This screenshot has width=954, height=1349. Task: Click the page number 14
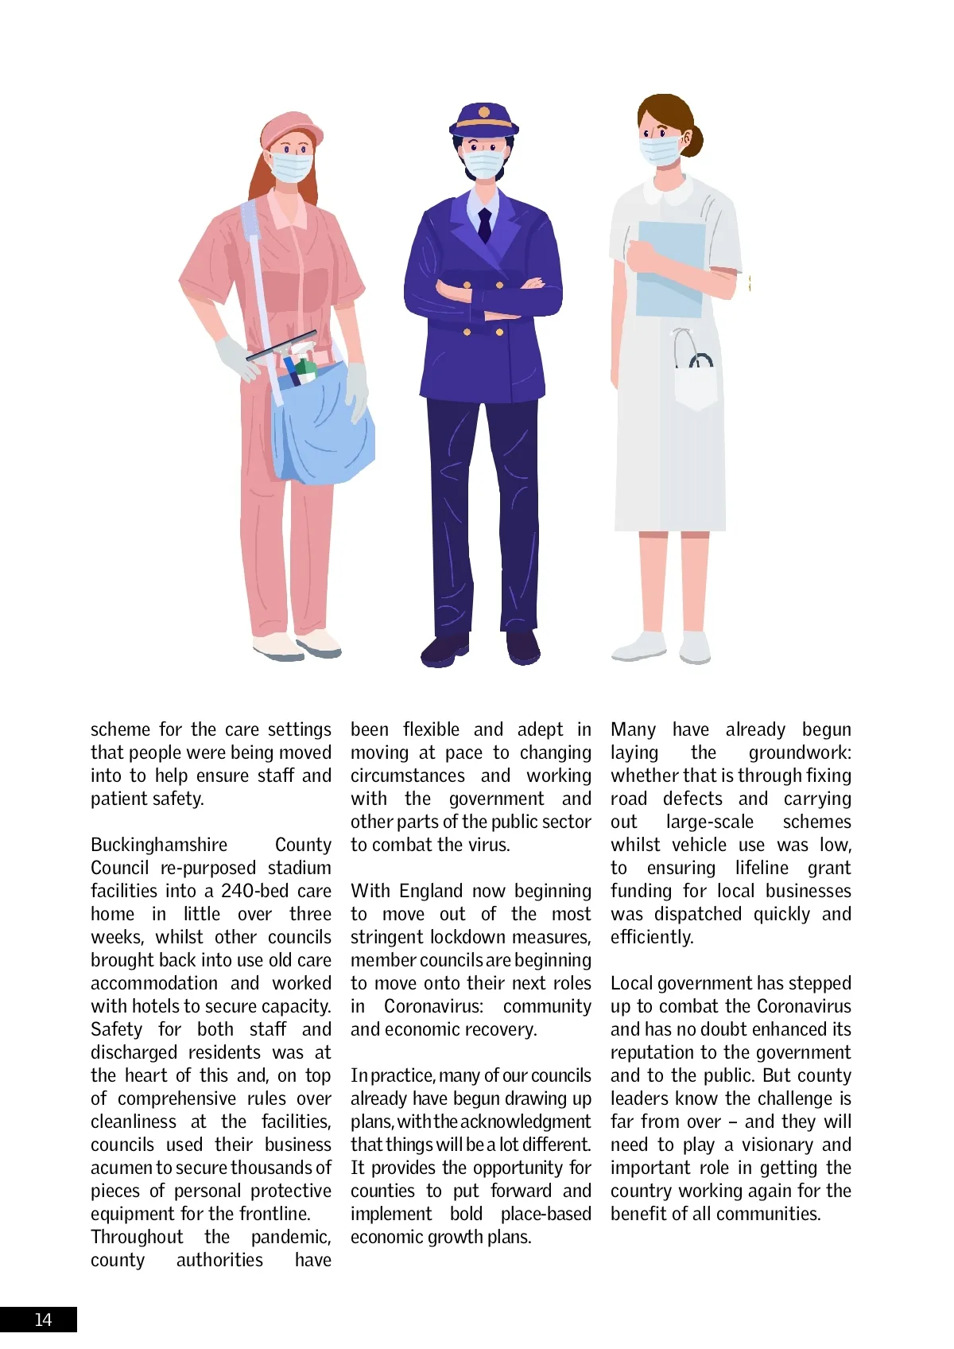point(43,1320)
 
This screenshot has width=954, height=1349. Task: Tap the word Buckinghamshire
point(158,845)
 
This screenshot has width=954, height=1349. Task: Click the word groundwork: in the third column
point(799,752)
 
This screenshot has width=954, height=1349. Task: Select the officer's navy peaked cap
point(483,119)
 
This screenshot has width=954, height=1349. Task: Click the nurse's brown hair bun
point(693,140)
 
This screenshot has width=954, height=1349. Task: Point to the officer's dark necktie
point(484,224)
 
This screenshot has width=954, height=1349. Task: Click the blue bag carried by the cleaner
point(322,430)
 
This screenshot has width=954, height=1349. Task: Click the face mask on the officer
point(483,164)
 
